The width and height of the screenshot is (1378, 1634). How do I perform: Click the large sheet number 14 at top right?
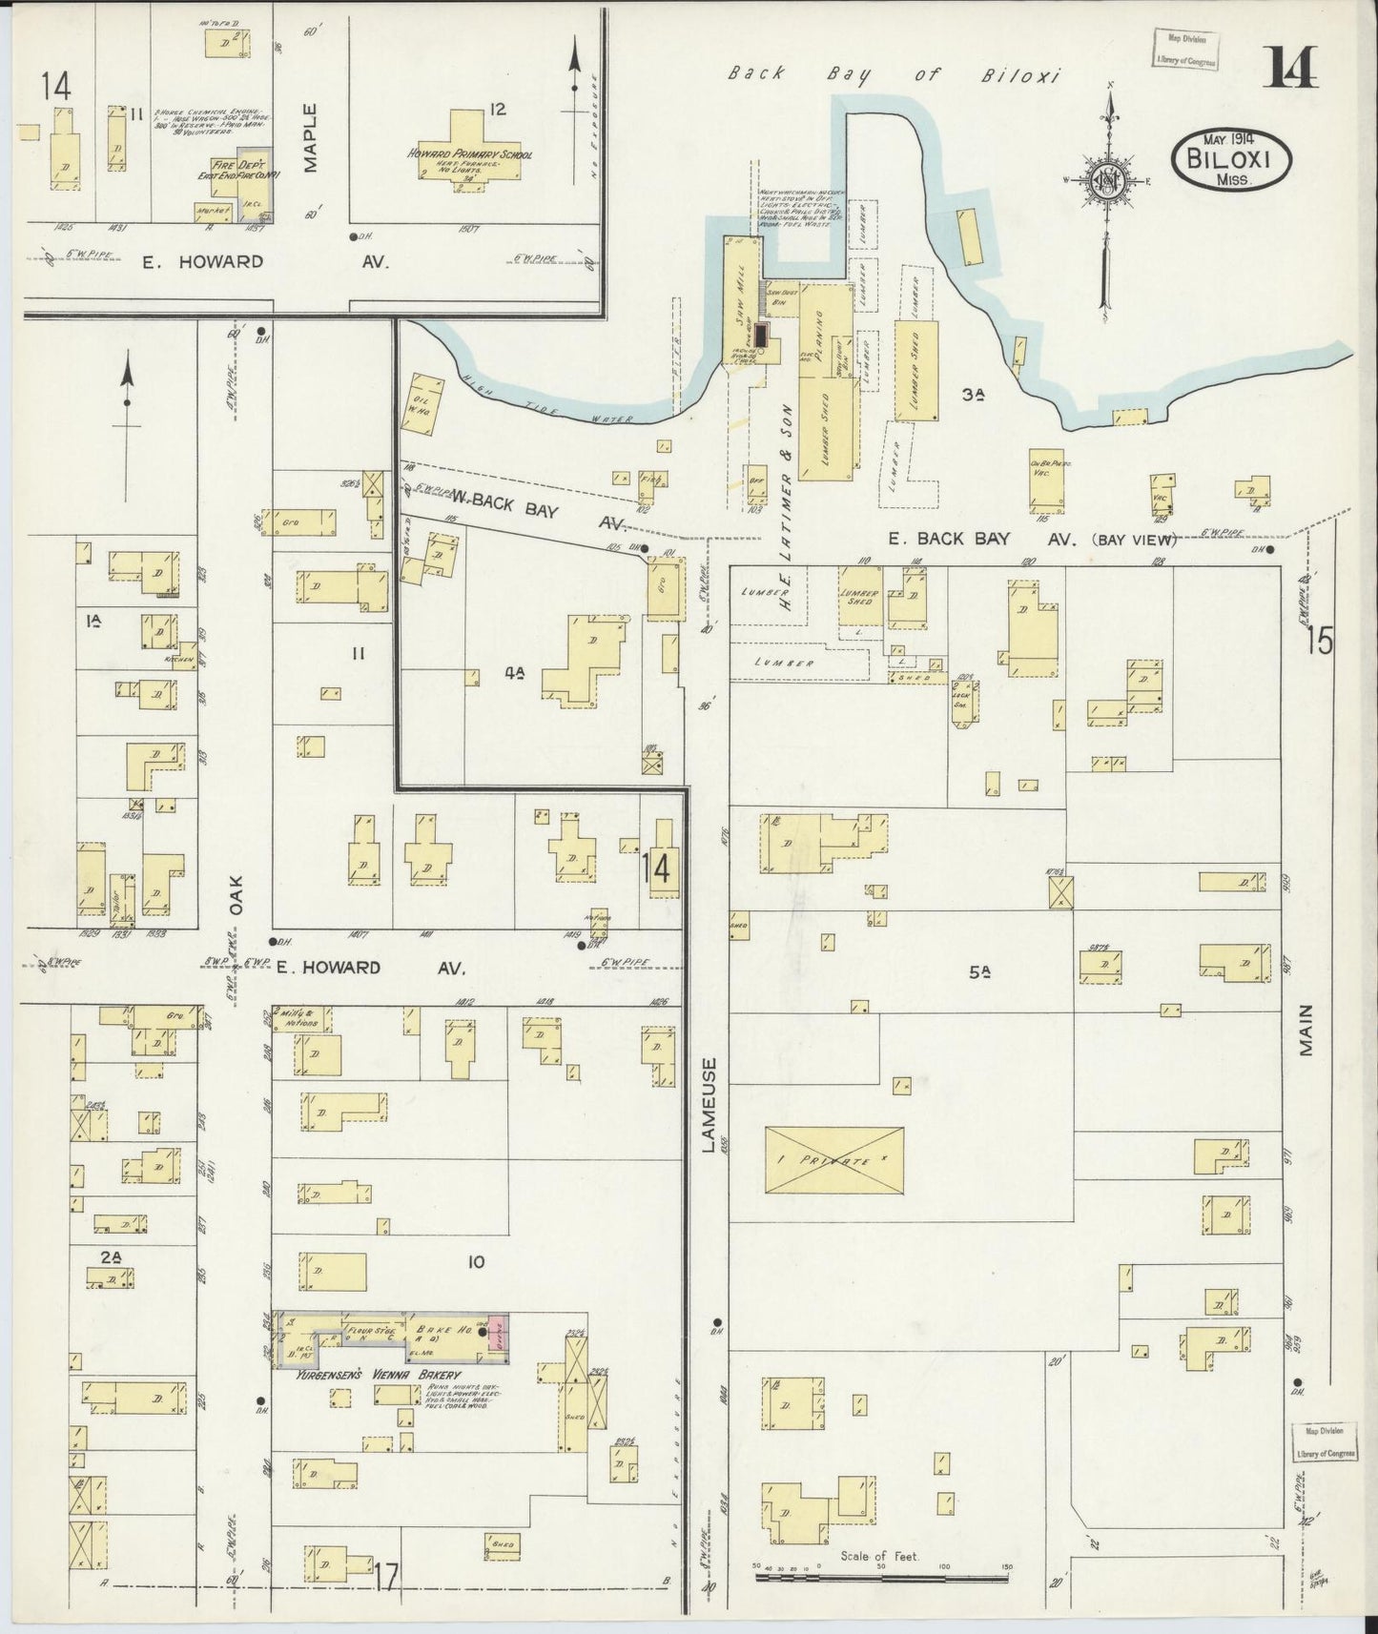(x=1293, y=68)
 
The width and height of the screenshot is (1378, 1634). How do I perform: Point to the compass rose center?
(x=1109, y=181)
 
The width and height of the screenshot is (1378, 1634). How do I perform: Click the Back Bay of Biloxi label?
(x=894, y=76)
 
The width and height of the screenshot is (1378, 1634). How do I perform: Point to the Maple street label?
(x=312, y=139)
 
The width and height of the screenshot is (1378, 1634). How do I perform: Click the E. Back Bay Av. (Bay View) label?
(x=1030, y=540)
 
